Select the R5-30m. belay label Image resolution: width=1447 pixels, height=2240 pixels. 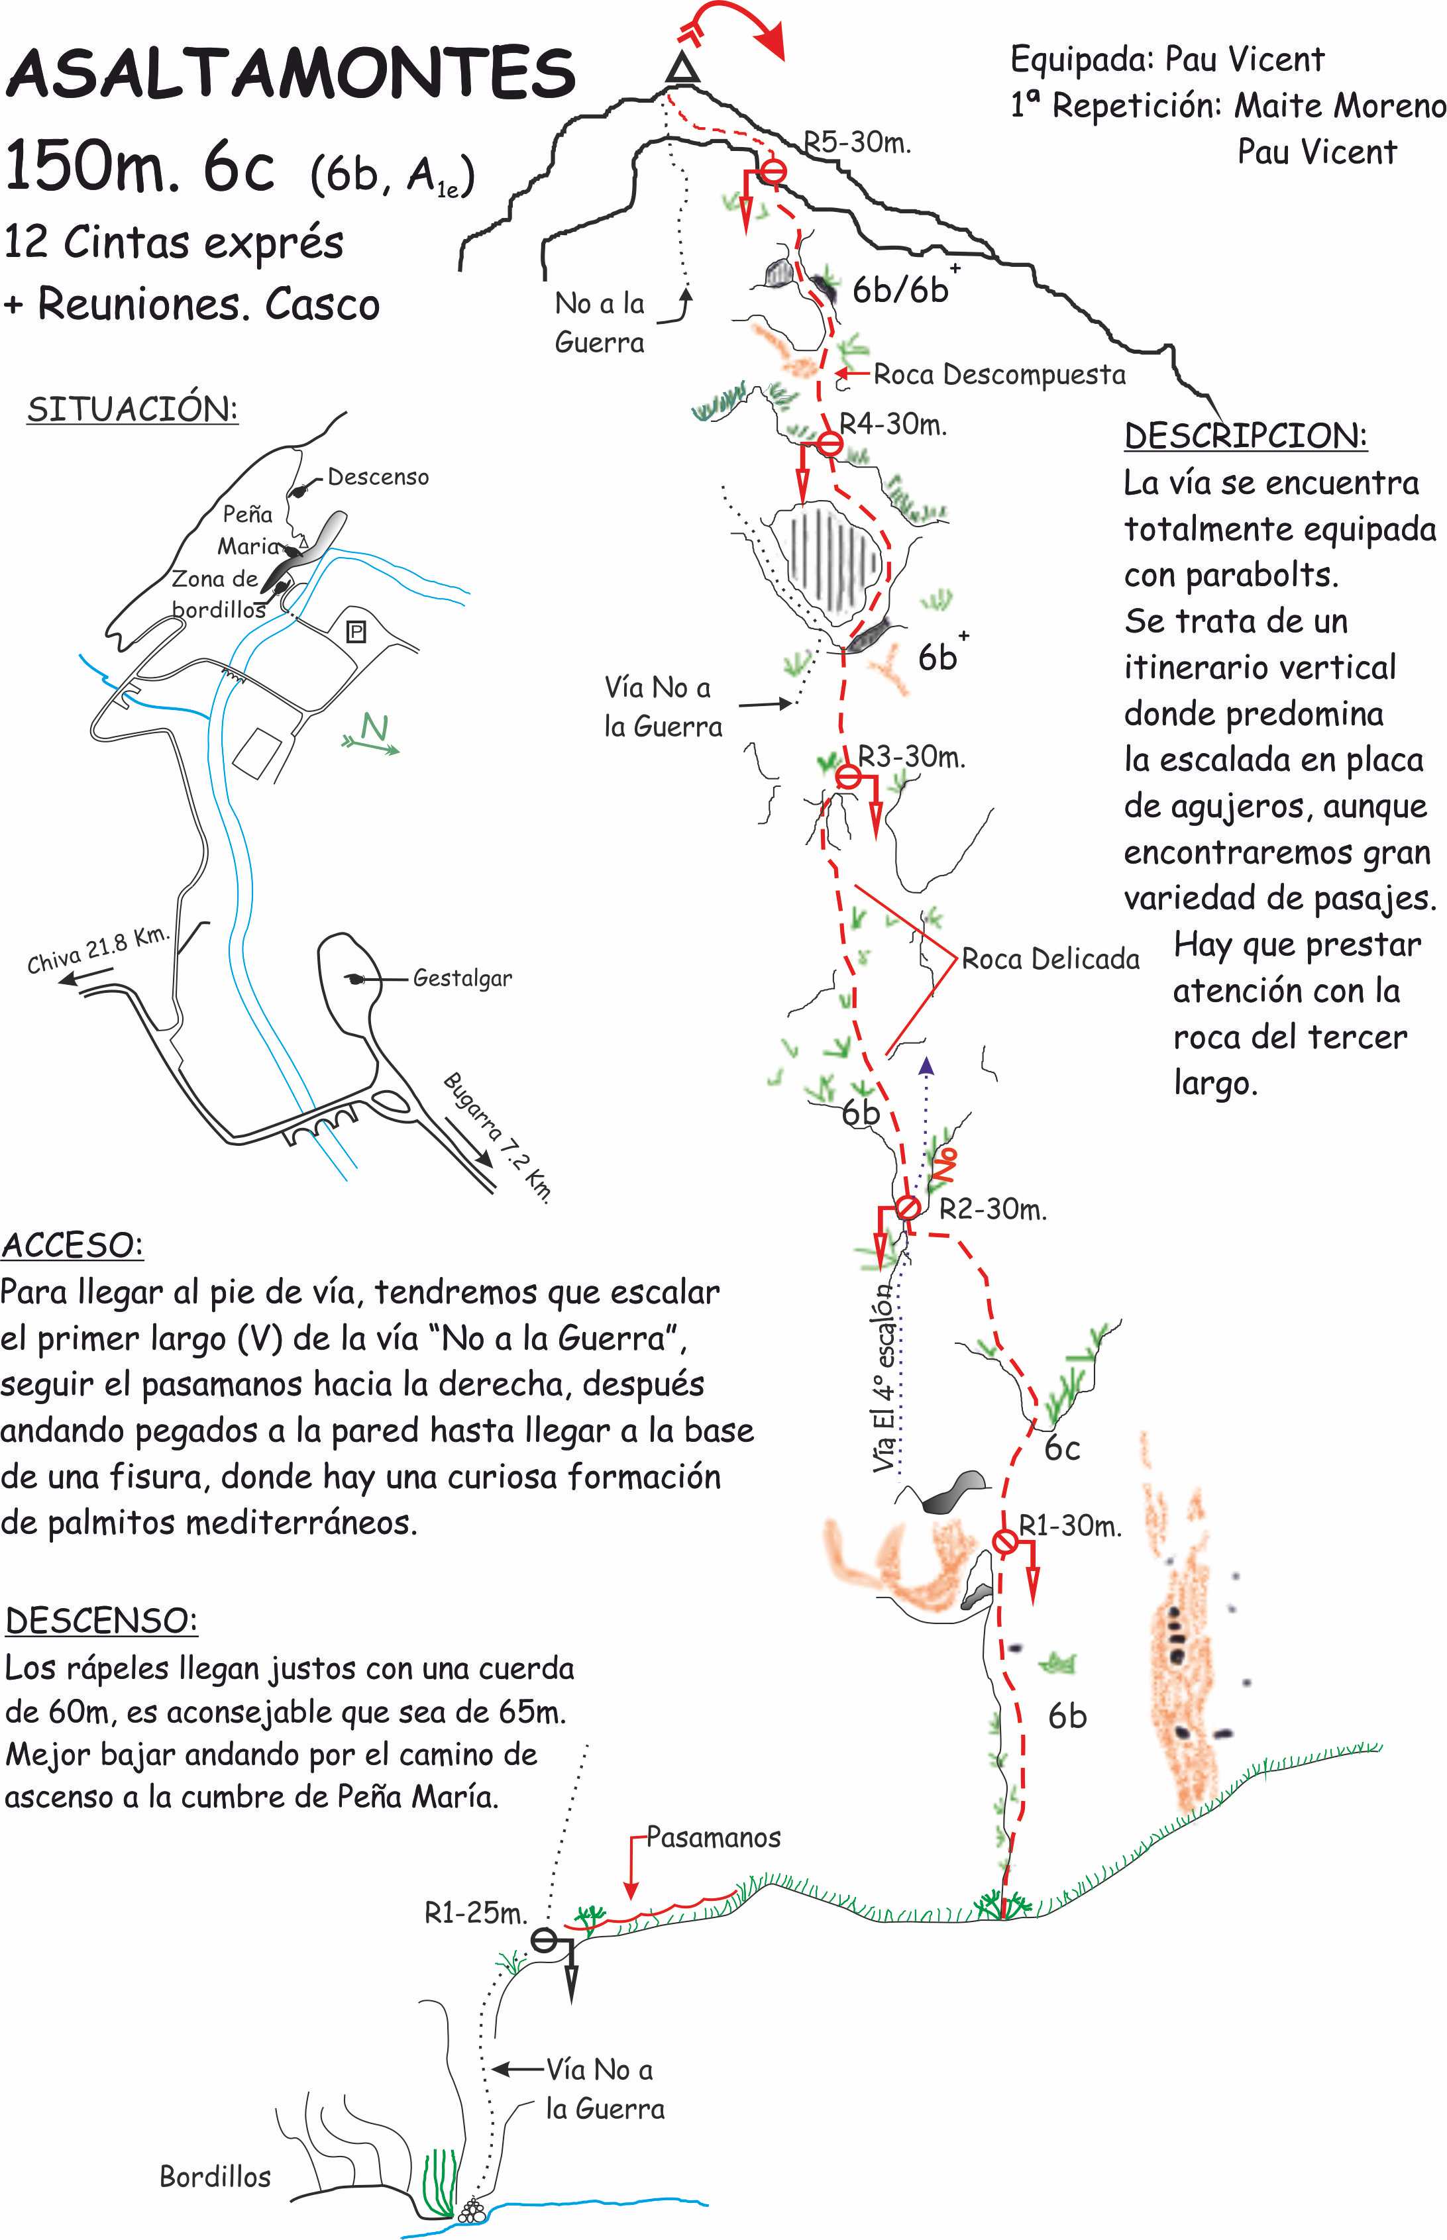pos(857,143)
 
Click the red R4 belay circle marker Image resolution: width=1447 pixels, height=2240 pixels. pos(830,442)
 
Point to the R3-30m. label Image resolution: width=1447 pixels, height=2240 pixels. pos(912,756)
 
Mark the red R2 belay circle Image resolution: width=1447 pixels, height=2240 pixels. pos(908,1207)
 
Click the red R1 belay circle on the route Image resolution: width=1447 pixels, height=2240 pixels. pos(1004,1541)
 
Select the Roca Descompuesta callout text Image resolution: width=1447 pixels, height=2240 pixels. pos(999,375)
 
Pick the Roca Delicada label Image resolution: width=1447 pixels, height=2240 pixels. pos(1049,959)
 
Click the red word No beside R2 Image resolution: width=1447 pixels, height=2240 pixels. pos(945,1164)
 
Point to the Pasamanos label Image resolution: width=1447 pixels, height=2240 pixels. pos(713,1837)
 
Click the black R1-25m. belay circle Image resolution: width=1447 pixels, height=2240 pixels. pos(544,1939)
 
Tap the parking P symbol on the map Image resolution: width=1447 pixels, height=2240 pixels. pos(356,631)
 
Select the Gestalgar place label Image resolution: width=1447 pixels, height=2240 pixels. pos(462,978)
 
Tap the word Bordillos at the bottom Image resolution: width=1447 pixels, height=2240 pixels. pos(215,2176)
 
